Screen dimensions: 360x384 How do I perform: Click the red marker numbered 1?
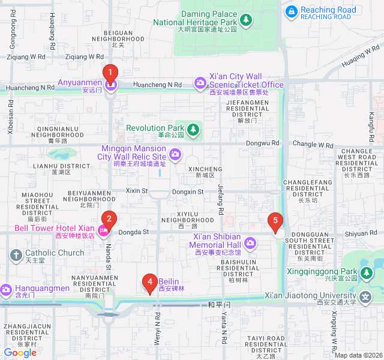tap(110, 74)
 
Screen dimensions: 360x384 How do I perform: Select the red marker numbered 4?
tap(149, 282)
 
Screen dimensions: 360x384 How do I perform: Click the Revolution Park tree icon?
tap(193, 129)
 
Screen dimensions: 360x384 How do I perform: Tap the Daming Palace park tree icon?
tap(245, 20)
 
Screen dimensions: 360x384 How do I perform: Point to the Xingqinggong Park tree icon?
tap(367, 274)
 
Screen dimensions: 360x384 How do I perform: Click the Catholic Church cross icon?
tap(16, 254)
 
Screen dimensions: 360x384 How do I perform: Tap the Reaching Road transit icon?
tap(292, 11)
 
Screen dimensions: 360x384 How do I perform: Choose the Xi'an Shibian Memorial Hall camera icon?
tap(250, 243)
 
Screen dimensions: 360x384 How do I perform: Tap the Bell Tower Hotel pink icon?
tap(104, 230)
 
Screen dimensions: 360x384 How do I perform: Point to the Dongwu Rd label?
tap(263, 143)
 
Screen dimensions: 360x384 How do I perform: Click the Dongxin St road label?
tap(188, 191)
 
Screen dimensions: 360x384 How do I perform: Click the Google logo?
tap(20, 353)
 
